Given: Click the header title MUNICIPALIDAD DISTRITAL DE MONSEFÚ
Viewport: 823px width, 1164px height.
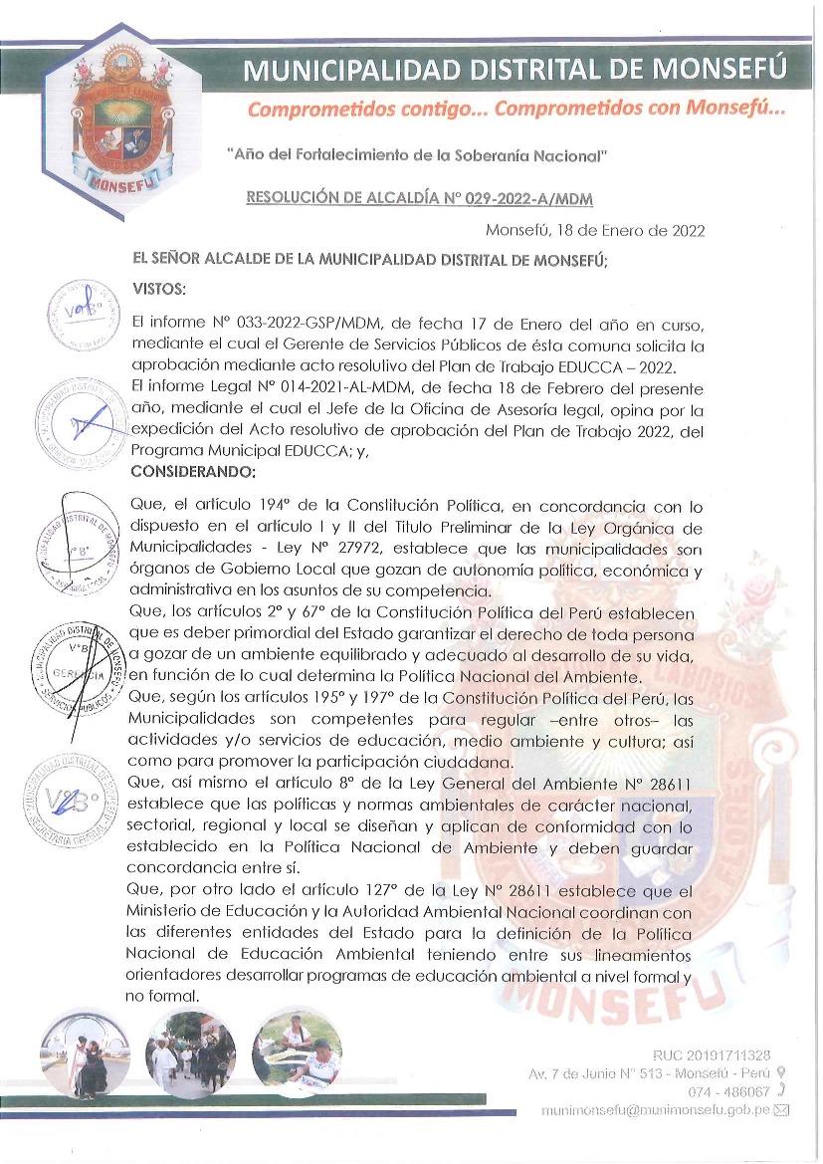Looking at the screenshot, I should pos(515,70).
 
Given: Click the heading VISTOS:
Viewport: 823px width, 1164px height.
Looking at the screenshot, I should pos(159,289).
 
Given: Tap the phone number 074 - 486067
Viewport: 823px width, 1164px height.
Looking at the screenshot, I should pos(722,1092).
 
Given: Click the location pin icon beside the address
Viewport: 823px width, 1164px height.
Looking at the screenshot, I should pos(780,1073).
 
